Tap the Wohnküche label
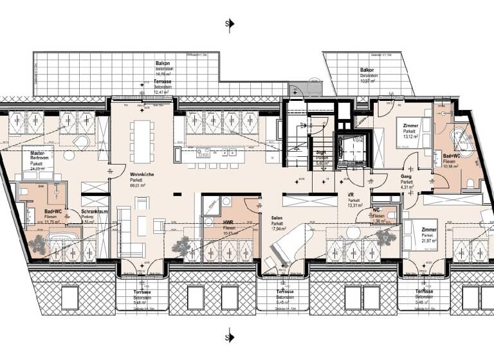tap(141, 174)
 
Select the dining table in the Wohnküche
tap(141, 139)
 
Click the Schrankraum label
tap(93, 212)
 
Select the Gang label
tap(406, 175)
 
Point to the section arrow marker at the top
tap(228, 24)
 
